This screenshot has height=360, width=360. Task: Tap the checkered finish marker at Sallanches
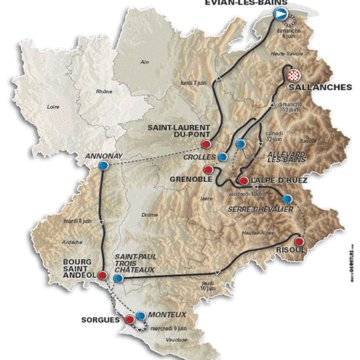[293, 74]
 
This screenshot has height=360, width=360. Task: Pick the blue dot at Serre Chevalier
[288, 200]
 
